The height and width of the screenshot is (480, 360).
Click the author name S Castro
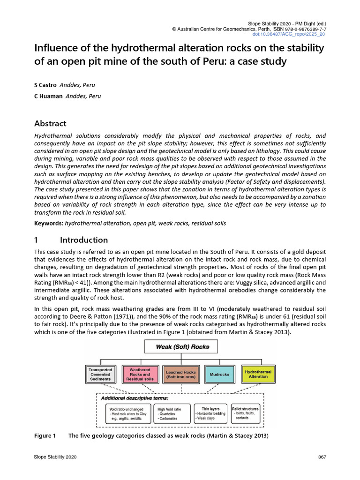click(45, 85)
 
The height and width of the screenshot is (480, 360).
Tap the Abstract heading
click(50, 124)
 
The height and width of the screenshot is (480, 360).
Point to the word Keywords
click(49, 223)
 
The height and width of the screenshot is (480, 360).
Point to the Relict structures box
click(245, 412)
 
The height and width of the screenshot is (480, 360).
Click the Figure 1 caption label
click(45, 436)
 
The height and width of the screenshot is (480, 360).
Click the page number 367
click(322, 457)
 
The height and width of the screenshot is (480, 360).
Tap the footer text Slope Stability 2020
click(55, 457)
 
